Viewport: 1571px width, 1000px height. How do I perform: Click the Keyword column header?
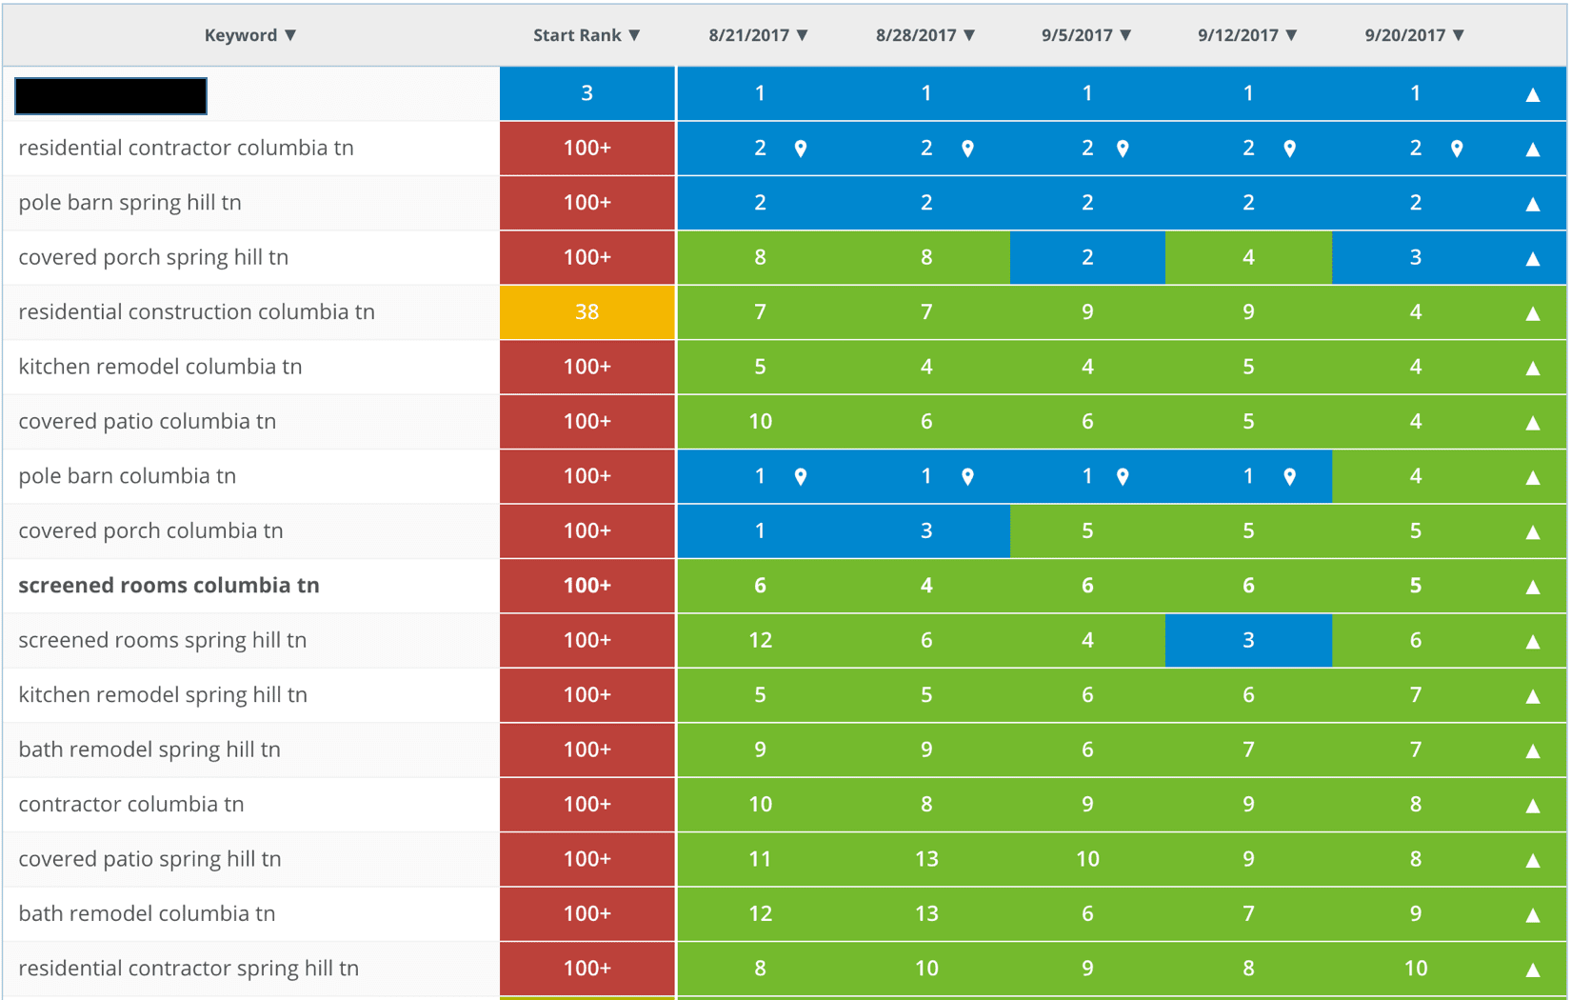click(249, 35)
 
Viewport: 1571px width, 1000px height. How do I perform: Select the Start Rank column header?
click(586, 35)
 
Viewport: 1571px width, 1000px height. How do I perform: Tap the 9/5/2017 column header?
click(1085, 35)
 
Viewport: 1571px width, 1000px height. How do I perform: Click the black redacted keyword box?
click(110, 95)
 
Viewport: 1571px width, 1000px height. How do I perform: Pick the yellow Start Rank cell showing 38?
click(587, 312)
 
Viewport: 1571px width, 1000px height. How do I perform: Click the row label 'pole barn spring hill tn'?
click(130, 203)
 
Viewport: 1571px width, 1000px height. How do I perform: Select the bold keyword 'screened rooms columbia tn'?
click(169, 586)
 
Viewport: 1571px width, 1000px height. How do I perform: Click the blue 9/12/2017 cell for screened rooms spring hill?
click(1247, 640)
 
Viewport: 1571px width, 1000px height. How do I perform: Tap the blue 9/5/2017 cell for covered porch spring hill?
click(1086, 257)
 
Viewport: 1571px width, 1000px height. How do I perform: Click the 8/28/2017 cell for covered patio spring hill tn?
click(925, 859)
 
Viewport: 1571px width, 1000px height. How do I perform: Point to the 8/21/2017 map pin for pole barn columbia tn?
click(801, 476)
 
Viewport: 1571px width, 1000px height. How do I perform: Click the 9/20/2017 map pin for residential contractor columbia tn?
click(1457, 149)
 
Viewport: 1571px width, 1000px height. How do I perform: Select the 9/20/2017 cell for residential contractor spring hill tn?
click(1415, 969)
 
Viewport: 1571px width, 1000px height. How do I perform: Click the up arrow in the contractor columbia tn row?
click(1533, 806)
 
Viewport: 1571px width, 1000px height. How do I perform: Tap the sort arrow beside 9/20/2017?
click(1459, 35)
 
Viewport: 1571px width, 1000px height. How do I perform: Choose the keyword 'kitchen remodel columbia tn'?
click(160, 367)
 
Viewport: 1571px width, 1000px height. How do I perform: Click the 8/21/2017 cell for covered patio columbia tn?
click(760, 422)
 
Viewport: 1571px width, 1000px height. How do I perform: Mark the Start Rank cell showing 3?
click(587, 93)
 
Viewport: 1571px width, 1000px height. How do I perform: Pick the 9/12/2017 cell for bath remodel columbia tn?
click(1247, 914)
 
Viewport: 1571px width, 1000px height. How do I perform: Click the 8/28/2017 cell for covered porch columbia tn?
click(925, 530)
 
